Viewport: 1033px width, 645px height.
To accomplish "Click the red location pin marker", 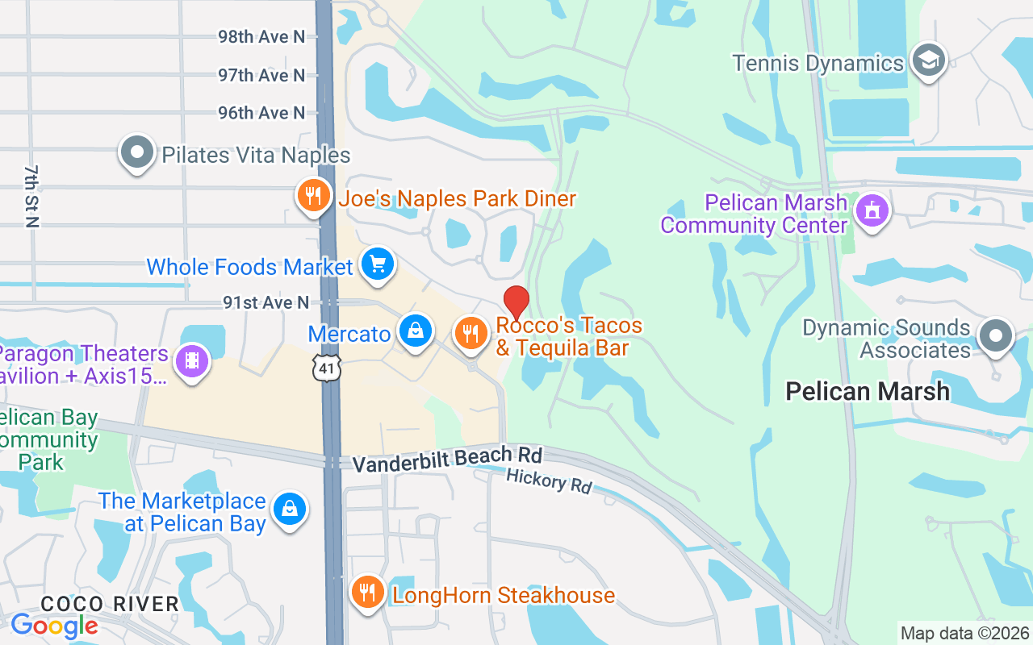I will (516, 302).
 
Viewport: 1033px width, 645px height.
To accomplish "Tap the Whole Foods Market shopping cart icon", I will (377, 264).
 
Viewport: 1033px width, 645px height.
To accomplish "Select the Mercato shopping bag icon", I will (416, 331).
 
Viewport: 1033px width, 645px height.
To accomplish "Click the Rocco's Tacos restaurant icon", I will (470, 332).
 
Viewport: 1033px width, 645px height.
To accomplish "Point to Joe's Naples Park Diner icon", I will (313, 195).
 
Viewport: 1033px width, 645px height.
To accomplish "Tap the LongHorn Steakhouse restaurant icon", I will (367, 593).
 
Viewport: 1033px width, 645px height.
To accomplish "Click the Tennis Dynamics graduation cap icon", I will (929, 60).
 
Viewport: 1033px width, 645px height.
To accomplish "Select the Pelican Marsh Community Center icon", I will (872, 211).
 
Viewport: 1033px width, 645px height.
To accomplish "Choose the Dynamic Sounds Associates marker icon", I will (995, 335).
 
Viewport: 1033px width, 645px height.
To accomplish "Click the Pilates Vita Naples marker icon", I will (137, 152).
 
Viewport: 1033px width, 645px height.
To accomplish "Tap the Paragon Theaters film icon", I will (191, 360).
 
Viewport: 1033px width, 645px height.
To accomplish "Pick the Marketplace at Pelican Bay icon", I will (290, 509).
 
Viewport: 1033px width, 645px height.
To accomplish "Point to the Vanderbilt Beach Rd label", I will (447, 460).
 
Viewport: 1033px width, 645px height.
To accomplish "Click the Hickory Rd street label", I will (549, 482).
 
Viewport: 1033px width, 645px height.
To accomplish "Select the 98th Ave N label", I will (261, 37).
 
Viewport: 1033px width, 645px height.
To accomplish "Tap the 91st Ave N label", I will (266, 302).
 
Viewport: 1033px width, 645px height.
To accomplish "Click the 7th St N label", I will (31, 197).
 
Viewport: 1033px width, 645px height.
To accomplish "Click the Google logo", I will (54, 626).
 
